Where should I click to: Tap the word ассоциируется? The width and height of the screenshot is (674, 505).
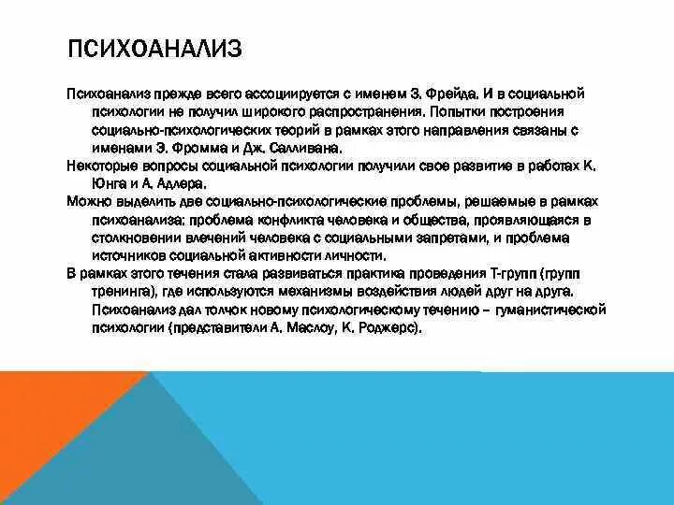click(261, 94)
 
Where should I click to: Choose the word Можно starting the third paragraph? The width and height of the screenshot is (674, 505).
click(86, 201)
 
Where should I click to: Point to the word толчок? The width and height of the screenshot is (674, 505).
click(207, 309)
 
